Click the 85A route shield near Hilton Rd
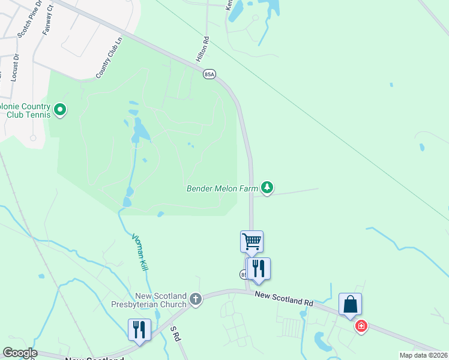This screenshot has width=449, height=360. (x=209, y=74)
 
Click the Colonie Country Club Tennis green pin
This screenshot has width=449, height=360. (x=59, y=109)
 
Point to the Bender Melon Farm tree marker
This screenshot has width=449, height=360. (x=267, y=188)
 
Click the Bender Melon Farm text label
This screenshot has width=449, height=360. (x=222, y=188)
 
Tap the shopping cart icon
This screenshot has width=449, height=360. (x=252, y=242)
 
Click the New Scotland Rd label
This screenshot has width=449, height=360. (x=284, y=298)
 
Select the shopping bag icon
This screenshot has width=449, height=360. (x=350, y=304)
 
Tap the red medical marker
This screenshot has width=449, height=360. (x=361, y=326)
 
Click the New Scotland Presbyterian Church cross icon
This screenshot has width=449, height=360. (x=195, y=299)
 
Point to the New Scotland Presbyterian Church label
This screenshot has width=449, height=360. (x=152, y=300)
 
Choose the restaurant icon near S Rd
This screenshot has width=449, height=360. (x=139, y=329)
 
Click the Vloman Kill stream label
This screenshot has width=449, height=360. (x=140, y=252)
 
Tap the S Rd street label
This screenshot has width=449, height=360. (x=175, y=334)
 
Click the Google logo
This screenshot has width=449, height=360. (x=20, y=353)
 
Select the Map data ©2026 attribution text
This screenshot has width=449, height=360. (x=423, y=355)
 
